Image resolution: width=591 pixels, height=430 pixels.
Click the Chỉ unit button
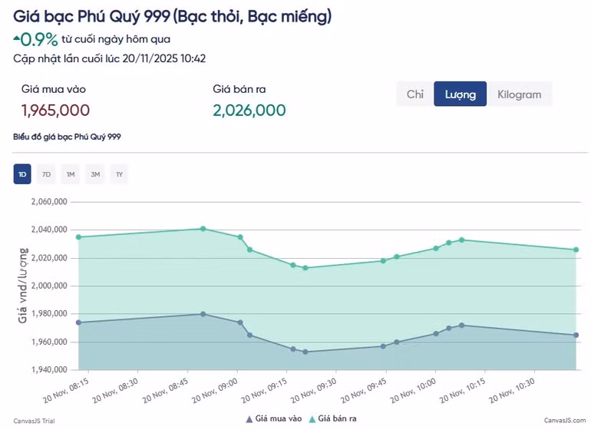pos(415,94)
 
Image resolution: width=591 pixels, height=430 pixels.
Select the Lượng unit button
pos(460,94)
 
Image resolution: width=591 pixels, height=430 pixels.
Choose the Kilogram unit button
pos(519,94)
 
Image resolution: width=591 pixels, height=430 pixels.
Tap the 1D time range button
pos(22,174)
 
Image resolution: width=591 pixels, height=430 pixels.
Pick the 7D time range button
pos(46,174)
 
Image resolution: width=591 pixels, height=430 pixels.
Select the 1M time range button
pos(71,174)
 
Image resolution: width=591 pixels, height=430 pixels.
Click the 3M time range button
pos(95,174)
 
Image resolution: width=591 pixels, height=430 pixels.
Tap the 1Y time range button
pos(119,174)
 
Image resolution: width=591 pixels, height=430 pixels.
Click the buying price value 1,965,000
pos(55,111)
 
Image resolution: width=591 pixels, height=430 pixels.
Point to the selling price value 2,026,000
pos(249,111)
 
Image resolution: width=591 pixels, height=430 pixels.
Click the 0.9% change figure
pos(39,39)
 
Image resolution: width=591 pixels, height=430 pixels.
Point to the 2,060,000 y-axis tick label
pos(49,202)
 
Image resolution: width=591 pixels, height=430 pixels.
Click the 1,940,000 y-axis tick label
pos(49,370)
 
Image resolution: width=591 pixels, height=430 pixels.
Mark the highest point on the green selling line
pos(203,229)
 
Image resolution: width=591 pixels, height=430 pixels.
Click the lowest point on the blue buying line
pos(305,352)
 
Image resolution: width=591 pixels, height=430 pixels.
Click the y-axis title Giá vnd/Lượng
pos(24,285)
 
